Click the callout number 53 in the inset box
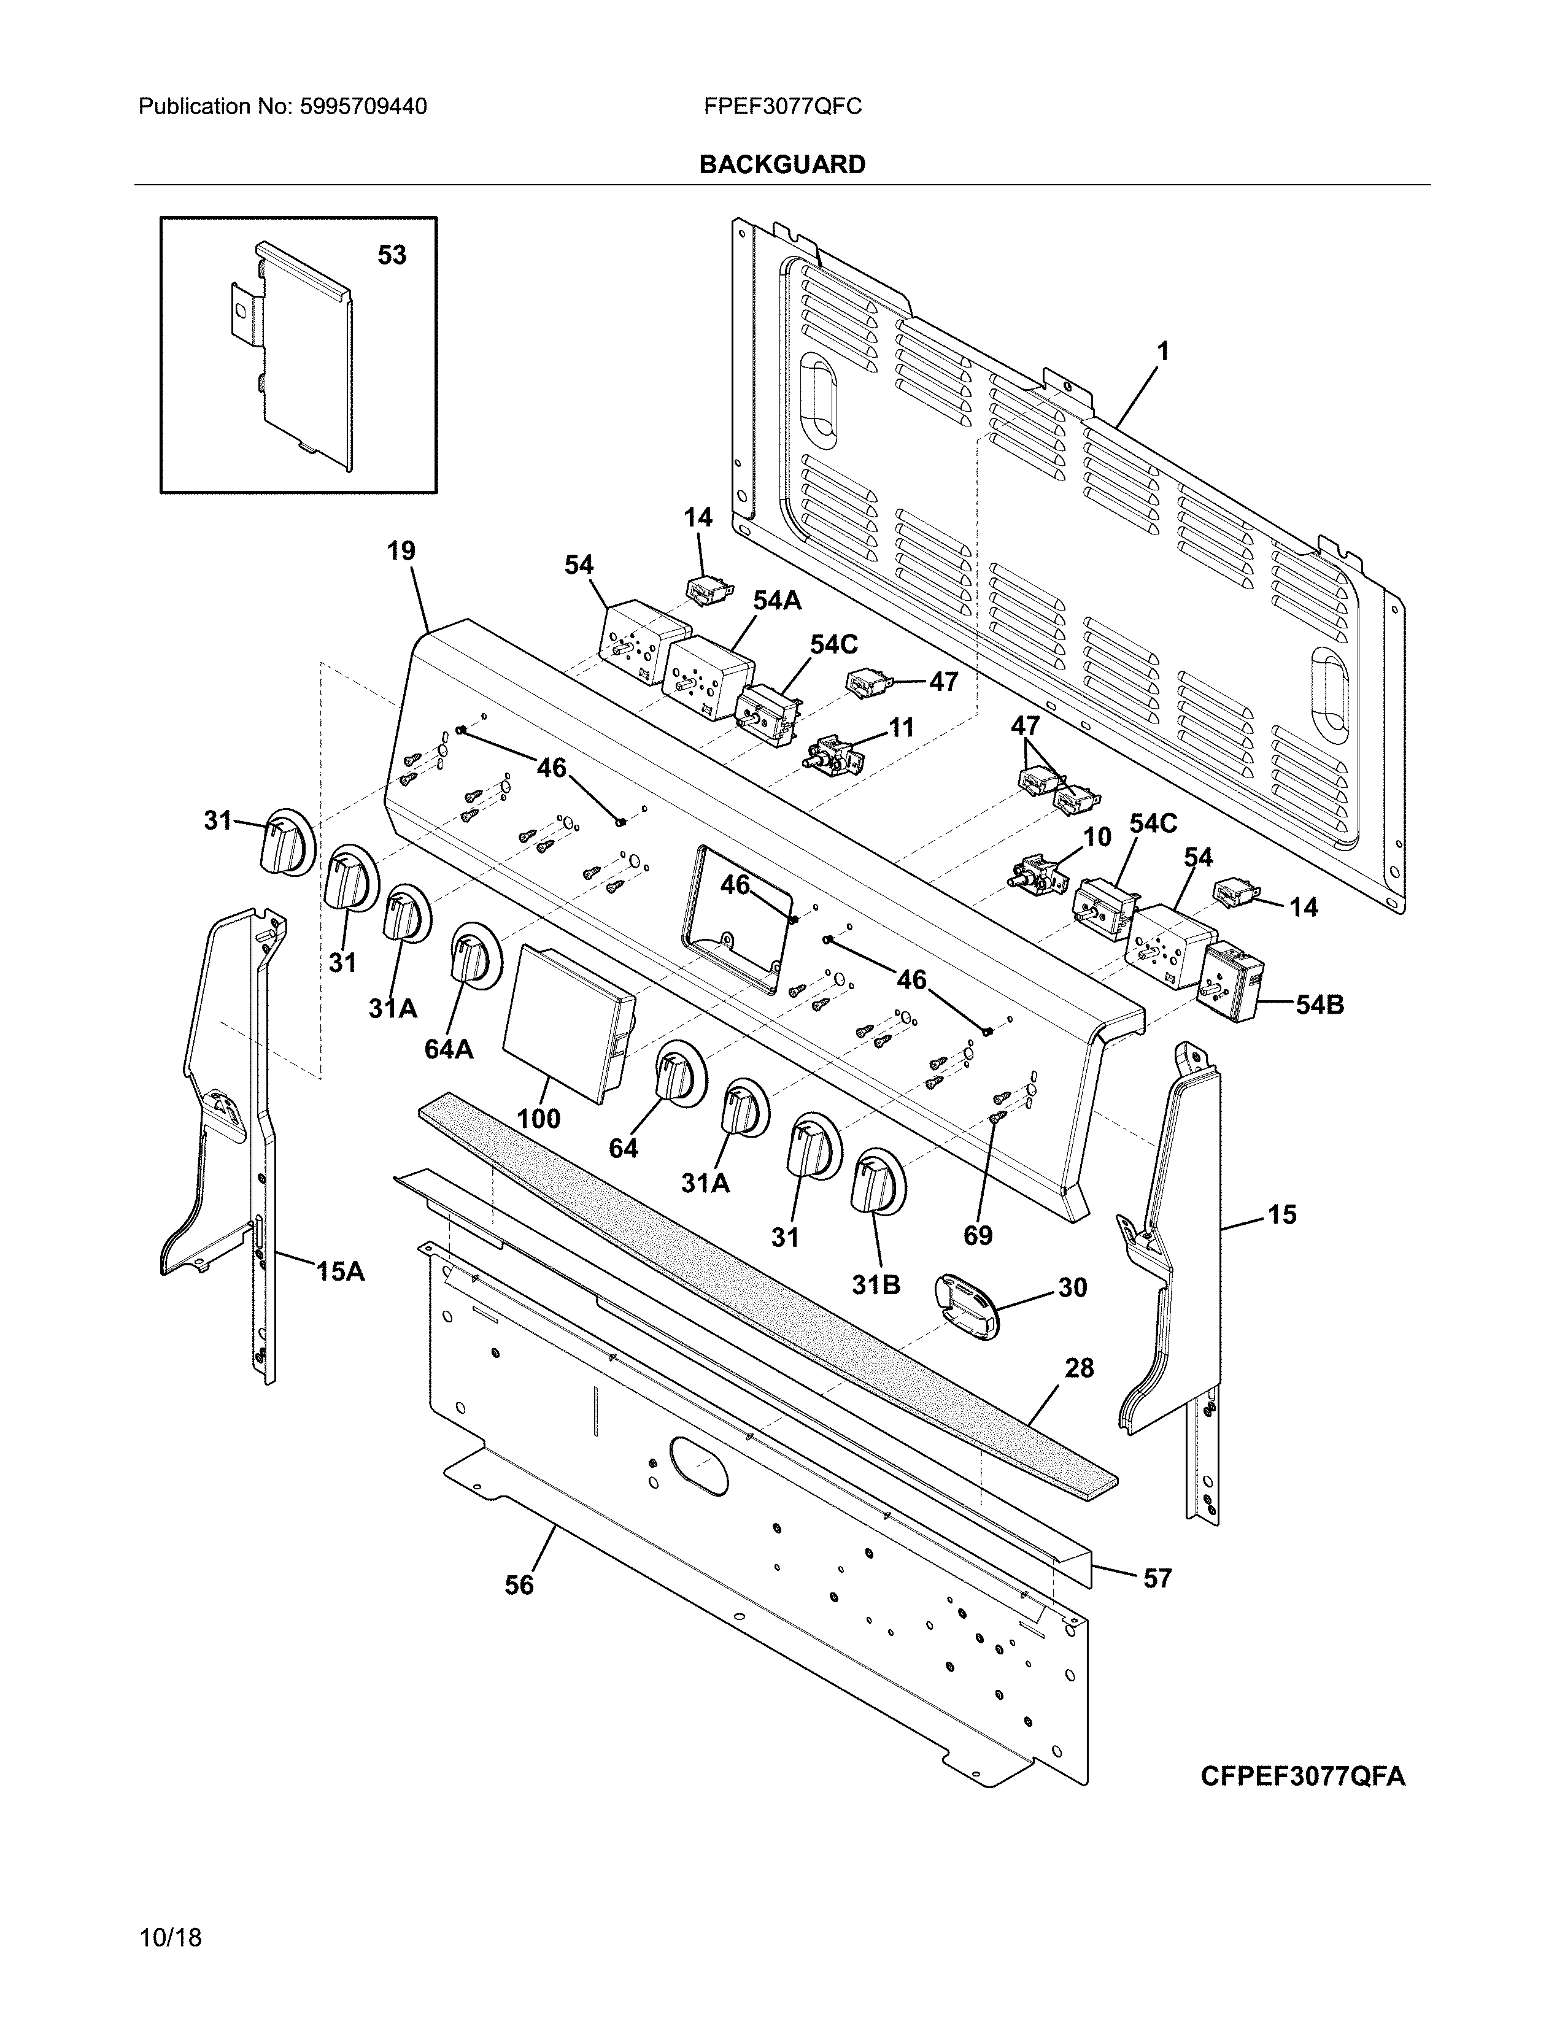(392, 255)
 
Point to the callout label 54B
(1320, 1004)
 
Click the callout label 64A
(449, 1049)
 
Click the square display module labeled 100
(566, 1020)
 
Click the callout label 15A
(340, 1271)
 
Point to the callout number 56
(519, 1586)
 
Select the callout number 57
(1157, 1578)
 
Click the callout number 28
(1079, 1368)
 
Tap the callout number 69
(978, 1235)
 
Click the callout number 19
(401, 552)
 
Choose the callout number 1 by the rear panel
(1162, 352)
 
